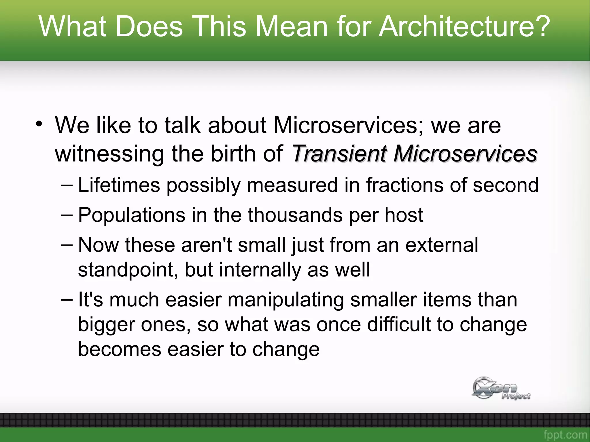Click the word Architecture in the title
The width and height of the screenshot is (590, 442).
click(x=464, y=26)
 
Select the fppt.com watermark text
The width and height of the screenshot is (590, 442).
click(x=565, y=434)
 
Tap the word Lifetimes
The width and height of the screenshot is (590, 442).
click(x=119, y=185)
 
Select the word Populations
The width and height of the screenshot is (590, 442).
click(x=132, y=215)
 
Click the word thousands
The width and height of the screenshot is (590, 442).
click(x=295, y=215)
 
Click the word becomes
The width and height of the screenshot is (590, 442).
click(x=120, y=349)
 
